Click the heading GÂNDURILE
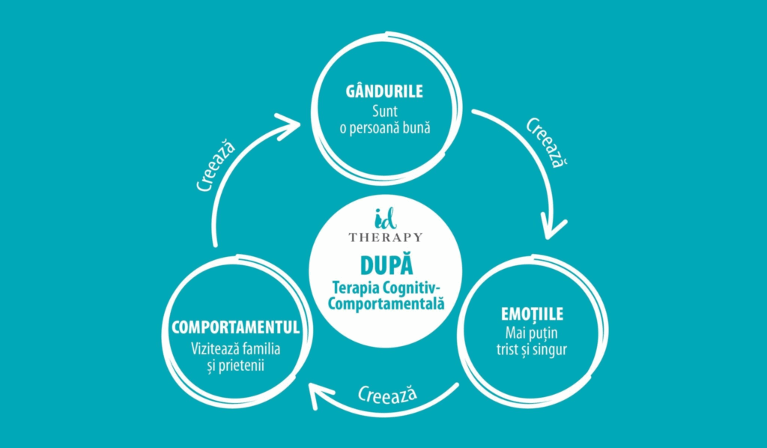pos(383,91)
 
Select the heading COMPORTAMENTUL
pos(235,327)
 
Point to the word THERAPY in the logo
pos(386,237)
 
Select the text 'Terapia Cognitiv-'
pos(385,289)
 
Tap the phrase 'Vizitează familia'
pos(235,348)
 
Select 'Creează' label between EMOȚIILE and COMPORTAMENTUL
pos(387,393)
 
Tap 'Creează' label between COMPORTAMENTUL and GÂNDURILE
pos(218,166)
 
